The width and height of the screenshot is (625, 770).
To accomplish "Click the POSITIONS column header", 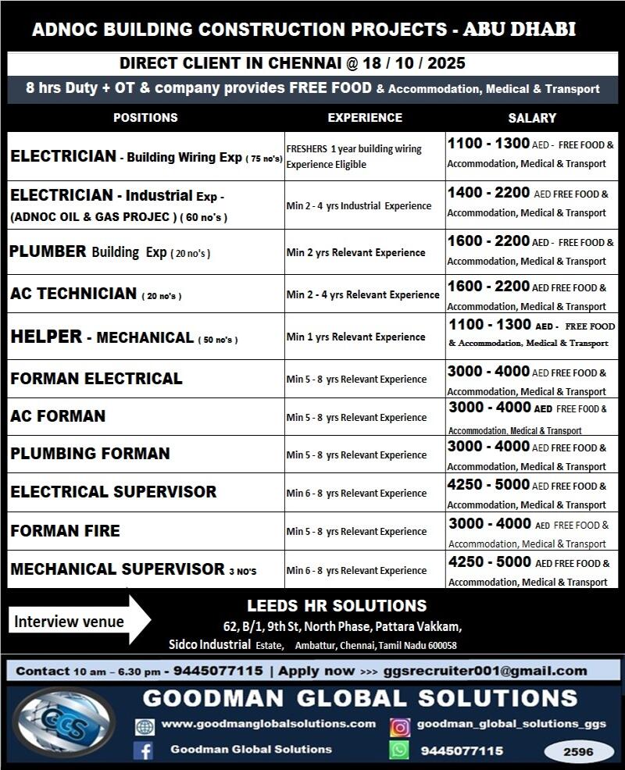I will [145, 118].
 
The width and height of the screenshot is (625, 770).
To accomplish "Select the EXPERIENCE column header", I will [365, 118].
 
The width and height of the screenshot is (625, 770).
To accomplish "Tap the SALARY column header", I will [532, 118].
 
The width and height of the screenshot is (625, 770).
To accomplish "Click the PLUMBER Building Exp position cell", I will [110, 252].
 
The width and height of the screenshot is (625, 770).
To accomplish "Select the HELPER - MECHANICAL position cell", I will [124, 337].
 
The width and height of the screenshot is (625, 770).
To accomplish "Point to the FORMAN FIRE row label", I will [65, 531].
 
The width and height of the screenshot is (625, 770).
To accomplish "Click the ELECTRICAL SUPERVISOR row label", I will [113, 492].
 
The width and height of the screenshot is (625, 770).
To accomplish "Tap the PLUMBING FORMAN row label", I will [90, 454].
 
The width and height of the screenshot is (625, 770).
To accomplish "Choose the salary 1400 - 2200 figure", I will [488, 193].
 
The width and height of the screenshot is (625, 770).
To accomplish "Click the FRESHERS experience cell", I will [354, 156].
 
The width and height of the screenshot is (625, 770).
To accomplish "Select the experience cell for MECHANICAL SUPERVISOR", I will [356, 571].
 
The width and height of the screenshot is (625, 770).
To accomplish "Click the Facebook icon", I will [143, 750].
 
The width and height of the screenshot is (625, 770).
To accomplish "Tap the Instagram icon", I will [400, 727].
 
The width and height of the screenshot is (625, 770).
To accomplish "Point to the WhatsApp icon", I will [399, 750].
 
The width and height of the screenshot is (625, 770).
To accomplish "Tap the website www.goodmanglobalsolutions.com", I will [269, 725].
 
